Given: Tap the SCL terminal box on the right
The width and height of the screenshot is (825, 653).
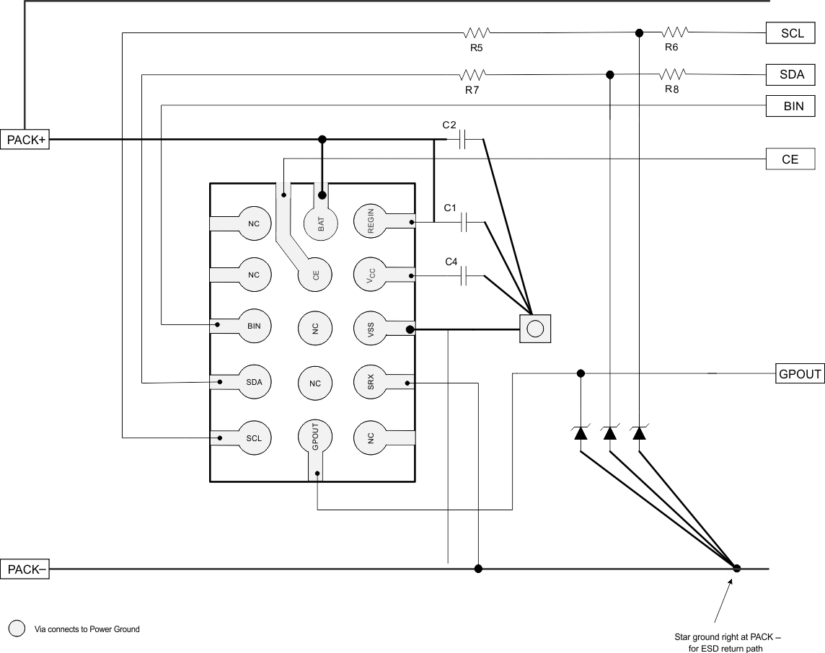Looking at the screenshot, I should coord(790,33).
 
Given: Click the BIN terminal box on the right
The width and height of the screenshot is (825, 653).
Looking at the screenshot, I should coord(790,107).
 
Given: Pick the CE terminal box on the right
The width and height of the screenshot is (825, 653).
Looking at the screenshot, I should coord(790,159).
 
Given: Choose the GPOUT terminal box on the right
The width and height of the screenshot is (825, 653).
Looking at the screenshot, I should coord(800,373).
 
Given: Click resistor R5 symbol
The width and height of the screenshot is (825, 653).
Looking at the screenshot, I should coord(476,32).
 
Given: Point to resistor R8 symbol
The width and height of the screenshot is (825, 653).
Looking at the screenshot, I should coord(673,74).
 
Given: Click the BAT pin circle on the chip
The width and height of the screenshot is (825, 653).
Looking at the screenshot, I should coord(321,223).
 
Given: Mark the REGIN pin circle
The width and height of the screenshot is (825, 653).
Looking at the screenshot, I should coord(371,221).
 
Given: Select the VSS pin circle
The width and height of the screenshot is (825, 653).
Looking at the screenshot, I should coord(371,329).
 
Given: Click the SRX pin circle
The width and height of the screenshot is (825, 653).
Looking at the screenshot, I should coord(371,383).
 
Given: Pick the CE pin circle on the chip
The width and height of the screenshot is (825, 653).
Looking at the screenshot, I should coord(315,275).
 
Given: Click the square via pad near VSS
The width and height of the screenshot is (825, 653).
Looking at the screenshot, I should coord(534,329).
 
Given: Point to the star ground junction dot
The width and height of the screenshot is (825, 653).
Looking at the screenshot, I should coord(736,569).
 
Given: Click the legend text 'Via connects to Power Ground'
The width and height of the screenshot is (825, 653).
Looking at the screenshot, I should coord(87,629).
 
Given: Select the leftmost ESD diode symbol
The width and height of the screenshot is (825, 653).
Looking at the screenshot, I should coord(581,433).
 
